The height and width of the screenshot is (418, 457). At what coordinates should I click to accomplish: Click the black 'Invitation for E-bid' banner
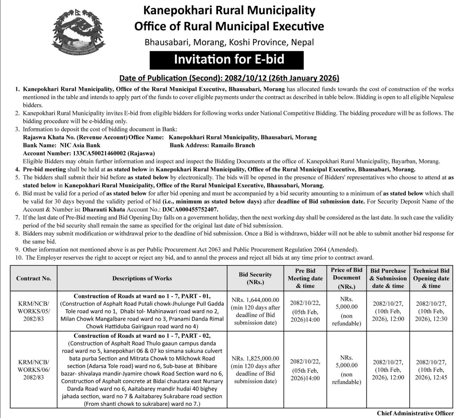[x=226, y=60]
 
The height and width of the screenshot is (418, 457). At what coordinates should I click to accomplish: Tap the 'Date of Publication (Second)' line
[x=229, y=78]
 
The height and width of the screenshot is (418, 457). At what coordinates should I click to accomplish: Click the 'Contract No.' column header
[x=33, y=278]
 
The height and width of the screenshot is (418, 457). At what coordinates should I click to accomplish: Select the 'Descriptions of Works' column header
[x=142, y=278]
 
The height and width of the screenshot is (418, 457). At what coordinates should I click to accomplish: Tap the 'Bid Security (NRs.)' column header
[x=255, y=278]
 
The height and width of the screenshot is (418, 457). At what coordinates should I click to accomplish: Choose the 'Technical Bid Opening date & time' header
[x=431, y=278]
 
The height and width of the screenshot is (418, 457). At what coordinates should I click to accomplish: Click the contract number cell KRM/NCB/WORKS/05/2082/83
[x=33, y=311]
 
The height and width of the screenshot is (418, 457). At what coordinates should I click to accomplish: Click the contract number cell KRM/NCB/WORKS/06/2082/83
[x=33, y=370]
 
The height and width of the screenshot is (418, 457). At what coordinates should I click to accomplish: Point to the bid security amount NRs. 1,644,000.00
[x=255, y=300]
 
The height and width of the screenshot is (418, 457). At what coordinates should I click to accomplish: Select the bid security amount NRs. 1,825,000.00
[x=255, y=358]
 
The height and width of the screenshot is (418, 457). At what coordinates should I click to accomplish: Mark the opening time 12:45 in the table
[x=440, y=377]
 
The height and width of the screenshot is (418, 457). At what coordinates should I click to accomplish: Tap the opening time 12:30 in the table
[x=440, y=319]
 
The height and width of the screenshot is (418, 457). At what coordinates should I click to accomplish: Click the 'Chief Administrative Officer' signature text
[x=415, y=413]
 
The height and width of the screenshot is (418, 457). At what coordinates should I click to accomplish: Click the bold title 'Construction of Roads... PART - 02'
[x=142, y=335]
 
